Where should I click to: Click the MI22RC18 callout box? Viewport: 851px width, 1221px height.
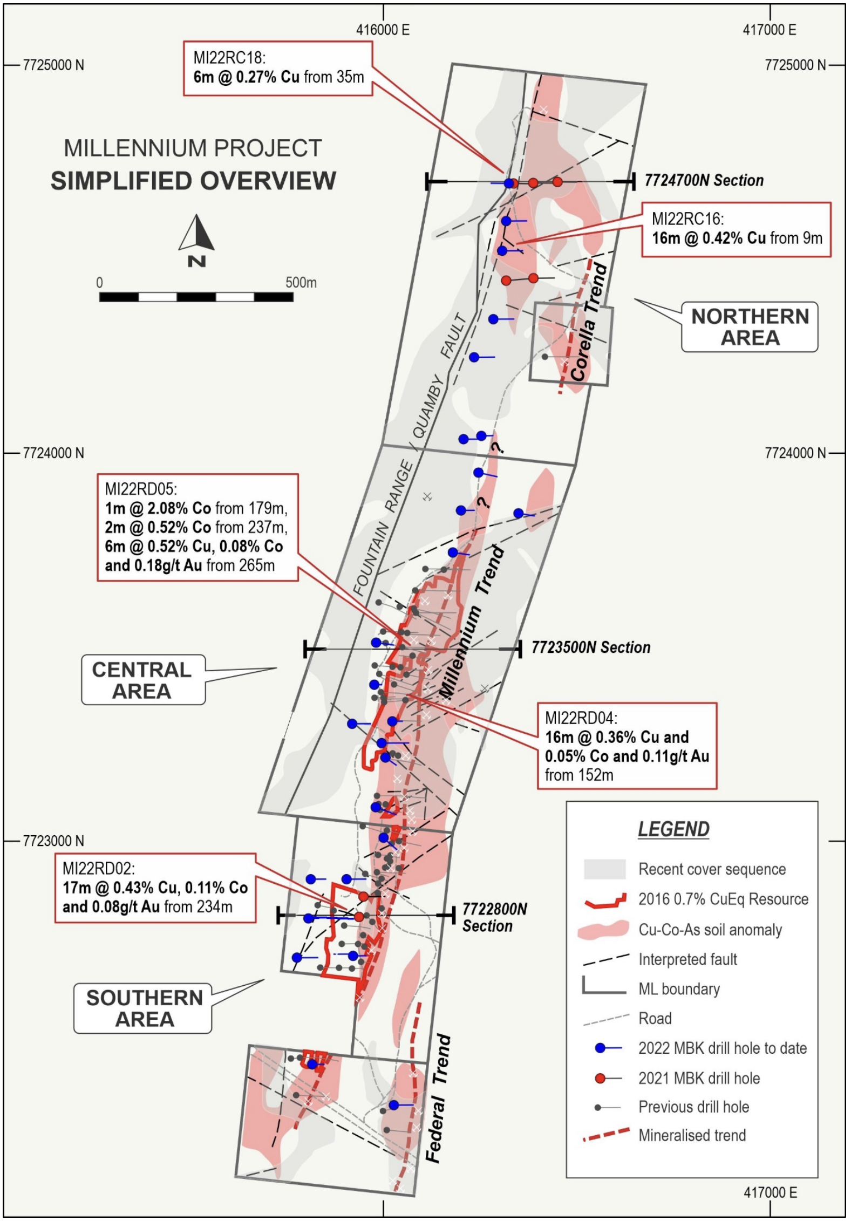[278, 69]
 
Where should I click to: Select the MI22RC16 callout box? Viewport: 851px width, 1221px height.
[736, 229]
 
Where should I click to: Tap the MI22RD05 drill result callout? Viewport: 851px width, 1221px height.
[198, 527]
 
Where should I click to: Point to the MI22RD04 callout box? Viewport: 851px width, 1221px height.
[627, 746]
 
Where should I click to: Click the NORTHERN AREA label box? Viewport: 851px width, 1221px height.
[750, 327]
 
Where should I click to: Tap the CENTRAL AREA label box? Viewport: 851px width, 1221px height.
[143, 680]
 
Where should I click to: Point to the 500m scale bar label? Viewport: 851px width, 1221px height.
[301, 282]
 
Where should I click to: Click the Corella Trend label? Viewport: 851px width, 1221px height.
[588, 322]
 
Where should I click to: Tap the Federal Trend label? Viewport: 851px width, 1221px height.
[438, 1098]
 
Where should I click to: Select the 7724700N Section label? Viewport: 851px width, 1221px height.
[704, 180]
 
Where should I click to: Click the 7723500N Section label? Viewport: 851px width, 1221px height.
[591, 647]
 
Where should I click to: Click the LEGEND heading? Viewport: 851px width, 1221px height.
[673, 829]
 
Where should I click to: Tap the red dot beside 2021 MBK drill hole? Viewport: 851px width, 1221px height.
[600, 1078]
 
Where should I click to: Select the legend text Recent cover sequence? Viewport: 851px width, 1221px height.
[712, 869]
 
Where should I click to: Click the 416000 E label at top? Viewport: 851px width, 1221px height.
[383, 30]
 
